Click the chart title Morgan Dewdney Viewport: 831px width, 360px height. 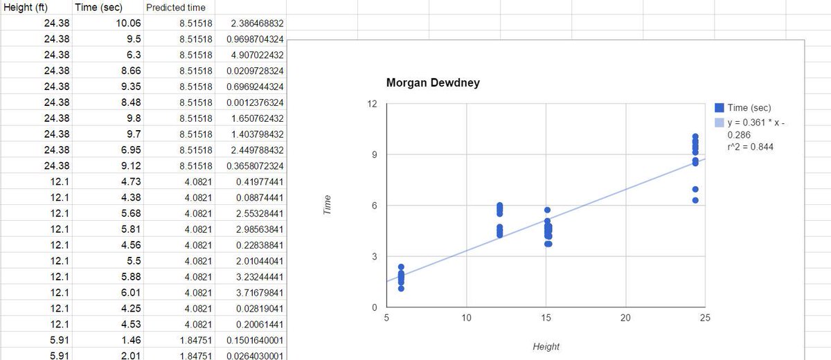pyautogui.click(x=433, y=82)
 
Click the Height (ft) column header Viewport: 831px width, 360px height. pyautogui.click(x=25, y=8)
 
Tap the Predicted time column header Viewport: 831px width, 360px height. pyautogui.click(x=175, y=8)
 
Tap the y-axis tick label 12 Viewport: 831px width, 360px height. pyautogui.click(x=372, y=104)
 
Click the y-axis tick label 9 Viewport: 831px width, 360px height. pyautogui.click(x=375, y=154)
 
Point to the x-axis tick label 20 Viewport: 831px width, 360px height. pyautogui.click(x=625, y=318)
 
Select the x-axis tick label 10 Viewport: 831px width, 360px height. pyautogui.click(x=466, y=318)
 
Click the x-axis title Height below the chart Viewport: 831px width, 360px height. pyautogui.click(x=546, y=347)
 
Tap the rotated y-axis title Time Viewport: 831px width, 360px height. pyautogui.click(x=327, y=205)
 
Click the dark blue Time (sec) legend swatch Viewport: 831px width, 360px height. pyautogui.click(x=719, y=107)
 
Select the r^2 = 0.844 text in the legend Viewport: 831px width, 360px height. pyautogui.click(x=750, y=147)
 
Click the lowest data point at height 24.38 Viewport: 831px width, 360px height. pyautogui.click(x=695, y=200)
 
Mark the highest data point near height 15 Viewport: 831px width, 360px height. pyautogui.click(x=547, y=210)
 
